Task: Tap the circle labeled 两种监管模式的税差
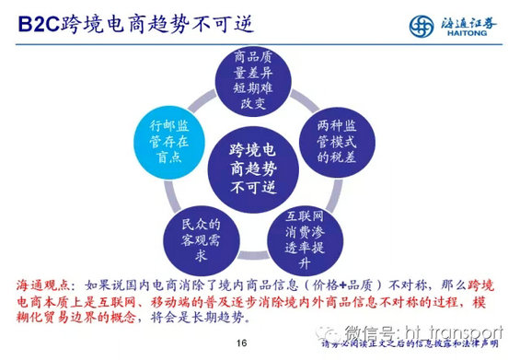click(x=341, y=137)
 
